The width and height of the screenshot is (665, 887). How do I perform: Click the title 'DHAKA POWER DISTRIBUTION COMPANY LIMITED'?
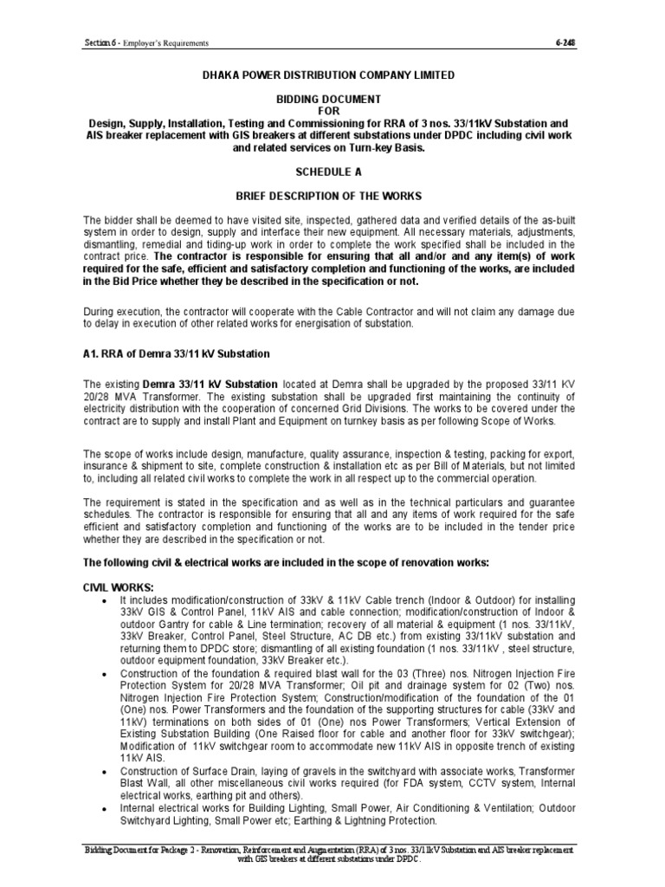coord(328,75)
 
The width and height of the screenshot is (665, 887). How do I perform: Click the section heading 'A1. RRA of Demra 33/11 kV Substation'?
coord(177,353)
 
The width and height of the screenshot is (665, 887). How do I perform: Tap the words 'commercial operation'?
coord(485,478)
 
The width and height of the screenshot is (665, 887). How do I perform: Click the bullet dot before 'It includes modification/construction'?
coord(105,601)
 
